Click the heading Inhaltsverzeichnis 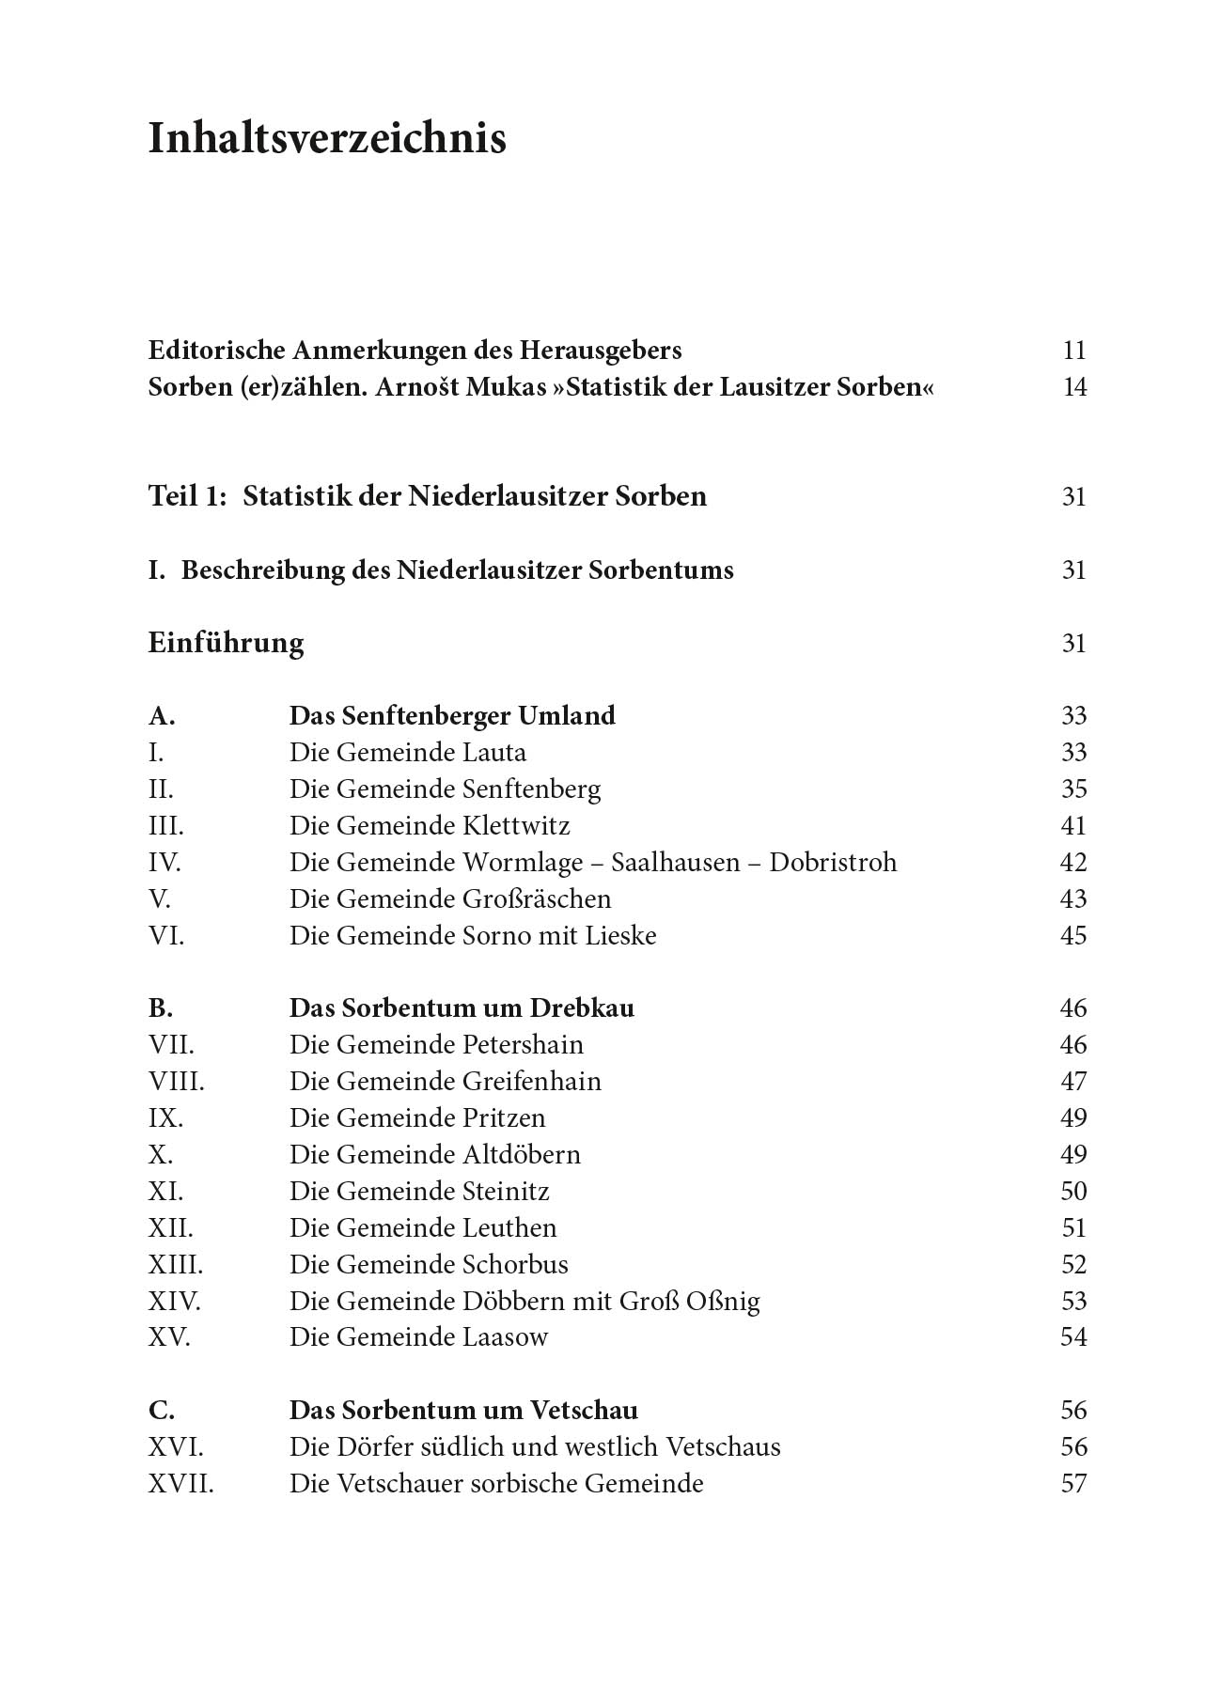coord(327,139)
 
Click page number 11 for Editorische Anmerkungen coord(1073,351)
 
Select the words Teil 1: coord(187,496)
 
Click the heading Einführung coord(226,644)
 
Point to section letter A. coord(162,716)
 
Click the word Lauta coord(494,753)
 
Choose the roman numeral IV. coord(164,863)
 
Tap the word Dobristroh coord(833,863)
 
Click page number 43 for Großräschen coord(1072,899)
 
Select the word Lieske coord(620,936)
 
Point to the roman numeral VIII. coord(176,1082)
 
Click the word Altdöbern coord(522,1155)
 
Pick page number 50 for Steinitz coord(1072,1192)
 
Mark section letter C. coord(162,1411)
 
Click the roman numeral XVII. coord(180,1484)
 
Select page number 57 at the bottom coord(1072,1484)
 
